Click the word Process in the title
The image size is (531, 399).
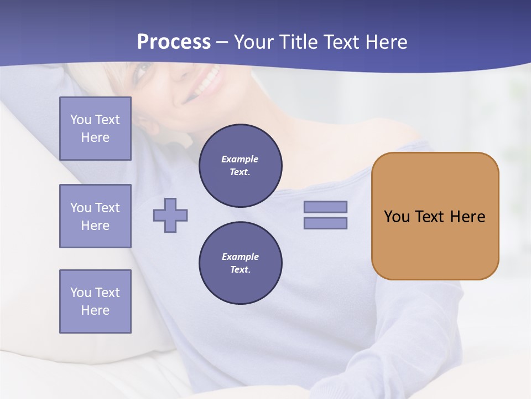(x=174, y=42)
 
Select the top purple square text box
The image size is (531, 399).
(x=95, y=129)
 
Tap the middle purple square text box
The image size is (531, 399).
(x=95, y=216)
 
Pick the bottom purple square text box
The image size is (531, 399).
(x=95, y=301)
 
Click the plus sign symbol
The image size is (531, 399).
(x=170, y=215)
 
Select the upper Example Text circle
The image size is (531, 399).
(x=240, y=166)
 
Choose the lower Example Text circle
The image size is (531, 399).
(x=240, y=263)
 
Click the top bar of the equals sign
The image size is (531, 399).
(x=325, y=207)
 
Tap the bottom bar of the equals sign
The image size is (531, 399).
(x=325, y=223)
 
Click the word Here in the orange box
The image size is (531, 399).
(x=467, y=217)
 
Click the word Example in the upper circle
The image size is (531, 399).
(x=240, y=159)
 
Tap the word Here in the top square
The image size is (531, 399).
(x=95, y=137)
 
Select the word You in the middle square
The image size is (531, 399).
(x=81, y=208)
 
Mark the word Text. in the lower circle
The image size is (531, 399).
(x=240, y=270)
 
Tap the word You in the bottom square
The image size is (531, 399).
(x=81, y=293)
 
